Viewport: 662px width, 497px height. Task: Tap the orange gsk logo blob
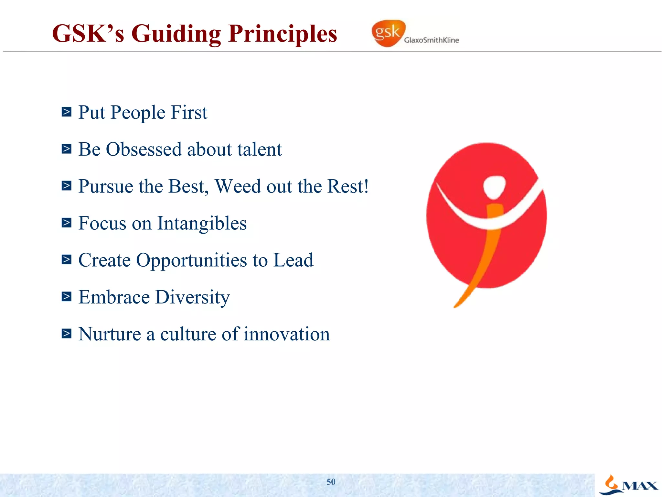click(388, 33)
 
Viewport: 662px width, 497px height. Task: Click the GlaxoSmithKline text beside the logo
click(431, 40)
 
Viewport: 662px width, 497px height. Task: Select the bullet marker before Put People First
click(66, 112)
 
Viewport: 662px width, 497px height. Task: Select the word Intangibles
click(202, 223)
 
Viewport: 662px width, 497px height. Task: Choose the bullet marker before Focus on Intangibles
click(66, 223)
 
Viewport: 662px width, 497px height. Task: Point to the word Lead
click(293, 260)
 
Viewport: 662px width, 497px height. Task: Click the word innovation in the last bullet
click(287, 334)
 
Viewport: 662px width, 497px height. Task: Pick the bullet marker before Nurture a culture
click(66, 333)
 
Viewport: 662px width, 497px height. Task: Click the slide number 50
click(331, 482)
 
